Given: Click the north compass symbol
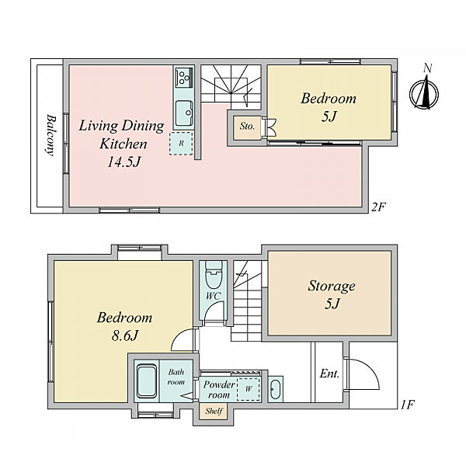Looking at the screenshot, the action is click(424, 92).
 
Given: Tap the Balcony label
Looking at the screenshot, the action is click(50, 135).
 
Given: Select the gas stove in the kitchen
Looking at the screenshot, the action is click(184, 77).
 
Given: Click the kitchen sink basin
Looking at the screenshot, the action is click(184, 113).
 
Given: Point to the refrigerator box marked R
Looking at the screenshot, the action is click(181, 143).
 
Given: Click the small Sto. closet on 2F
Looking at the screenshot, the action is click(247, 128).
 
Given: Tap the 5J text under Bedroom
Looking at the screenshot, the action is click(329, 116).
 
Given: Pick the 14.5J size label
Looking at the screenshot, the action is click(123, 162).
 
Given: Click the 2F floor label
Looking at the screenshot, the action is click(378, 207).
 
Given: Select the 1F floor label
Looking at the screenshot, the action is click(407, 405).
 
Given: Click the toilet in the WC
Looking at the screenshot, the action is click(214, 274).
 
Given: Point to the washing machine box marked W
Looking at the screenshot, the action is click(249, 389).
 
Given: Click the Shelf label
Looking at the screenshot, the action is click(214, 412).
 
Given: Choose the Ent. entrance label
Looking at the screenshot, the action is click(329, 374).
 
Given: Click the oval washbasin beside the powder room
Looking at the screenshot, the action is click(275, 389).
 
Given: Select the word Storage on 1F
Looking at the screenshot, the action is click(332, 286).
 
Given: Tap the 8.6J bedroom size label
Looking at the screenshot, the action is click(125, 336).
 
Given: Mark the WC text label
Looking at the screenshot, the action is click(213, 297).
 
